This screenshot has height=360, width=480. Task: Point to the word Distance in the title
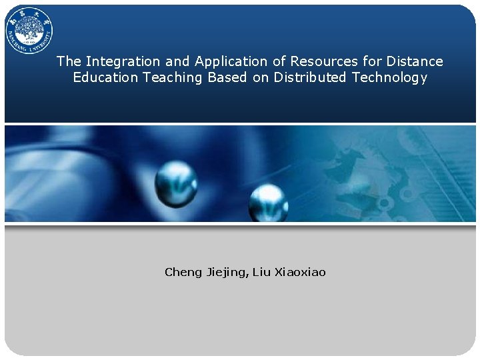[x=415, y=61]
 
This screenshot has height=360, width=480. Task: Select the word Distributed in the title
[x=310, y=77]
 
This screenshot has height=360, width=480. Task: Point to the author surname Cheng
[x=183, y=272]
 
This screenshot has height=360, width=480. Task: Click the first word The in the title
[x=69, y=61]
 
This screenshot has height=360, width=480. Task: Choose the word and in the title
[x=177, y=61]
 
